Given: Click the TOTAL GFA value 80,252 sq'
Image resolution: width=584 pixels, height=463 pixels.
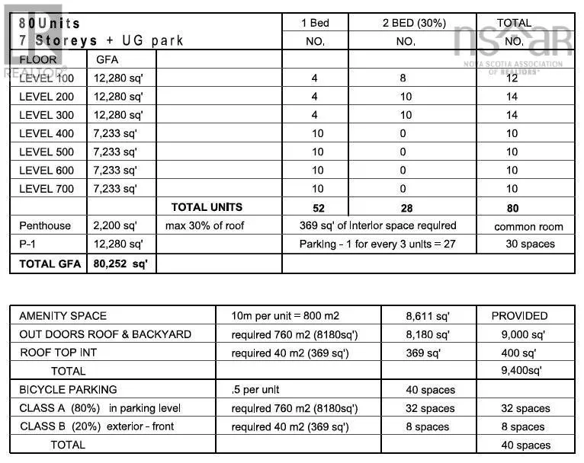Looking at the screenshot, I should [120, 263].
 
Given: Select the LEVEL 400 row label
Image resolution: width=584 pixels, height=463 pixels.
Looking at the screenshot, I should [47, 133].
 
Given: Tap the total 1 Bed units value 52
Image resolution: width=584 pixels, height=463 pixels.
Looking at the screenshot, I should [317, 207].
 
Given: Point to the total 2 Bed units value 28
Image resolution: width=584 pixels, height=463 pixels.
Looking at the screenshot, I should [406, 207].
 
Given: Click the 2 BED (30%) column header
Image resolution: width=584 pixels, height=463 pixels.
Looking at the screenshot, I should [414, 23].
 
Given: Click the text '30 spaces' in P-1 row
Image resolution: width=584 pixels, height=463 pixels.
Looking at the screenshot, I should [530, 244].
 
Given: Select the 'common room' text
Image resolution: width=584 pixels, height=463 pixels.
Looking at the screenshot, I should [528, 226].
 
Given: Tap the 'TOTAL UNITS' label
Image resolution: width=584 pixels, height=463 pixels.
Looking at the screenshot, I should [207, 207].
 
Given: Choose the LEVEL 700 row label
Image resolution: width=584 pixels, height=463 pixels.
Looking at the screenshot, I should [47, 189].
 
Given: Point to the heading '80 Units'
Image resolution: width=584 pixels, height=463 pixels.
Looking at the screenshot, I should [50, 24].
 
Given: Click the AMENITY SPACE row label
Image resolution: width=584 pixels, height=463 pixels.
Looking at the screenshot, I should [63, 315].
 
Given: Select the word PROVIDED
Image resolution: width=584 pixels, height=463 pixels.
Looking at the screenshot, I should [519, 315].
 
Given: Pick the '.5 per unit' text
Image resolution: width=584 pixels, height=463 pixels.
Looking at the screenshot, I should [261, 389].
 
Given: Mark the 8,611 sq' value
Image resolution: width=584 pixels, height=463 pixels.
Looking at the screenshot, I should [428, 315].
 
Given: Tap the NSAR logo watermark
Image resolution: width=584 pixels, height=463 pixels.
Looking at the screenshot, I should [512, 42].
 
